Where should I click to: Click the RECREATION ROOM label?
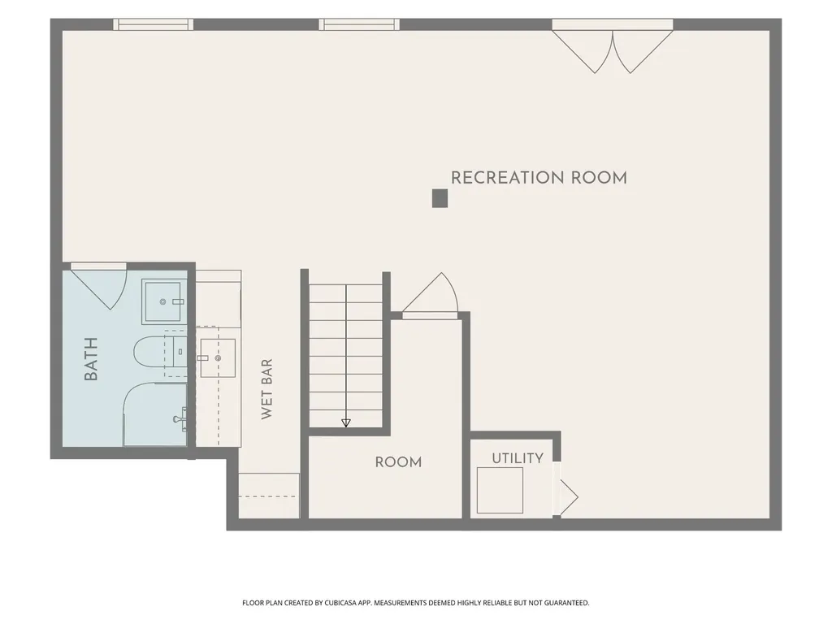point(539,178)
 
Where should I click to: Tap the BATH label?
point(91,359)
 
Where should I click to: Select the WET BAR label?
point(266,389)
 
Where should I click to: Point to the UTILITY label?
point(518,458)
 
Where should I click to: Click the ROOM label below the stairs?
point(398,462)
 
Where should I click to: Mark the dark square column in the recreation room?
point(440,198)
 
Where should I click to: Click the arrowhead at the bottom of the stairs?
point(346,422)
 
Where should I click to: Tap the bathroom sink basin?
point(163,301)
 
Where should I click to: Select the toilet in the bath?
point(159,352)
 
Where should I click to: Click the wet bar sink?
point(218,358)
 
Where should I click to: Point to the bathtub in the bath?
point(155,414)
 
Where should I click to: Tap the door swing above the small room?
point(430,296)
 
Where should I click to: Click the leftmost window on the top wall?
point(154,24)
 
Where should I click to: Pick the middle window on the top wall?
point(359,24)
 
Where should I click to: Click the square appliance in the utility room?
point(500,490)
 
